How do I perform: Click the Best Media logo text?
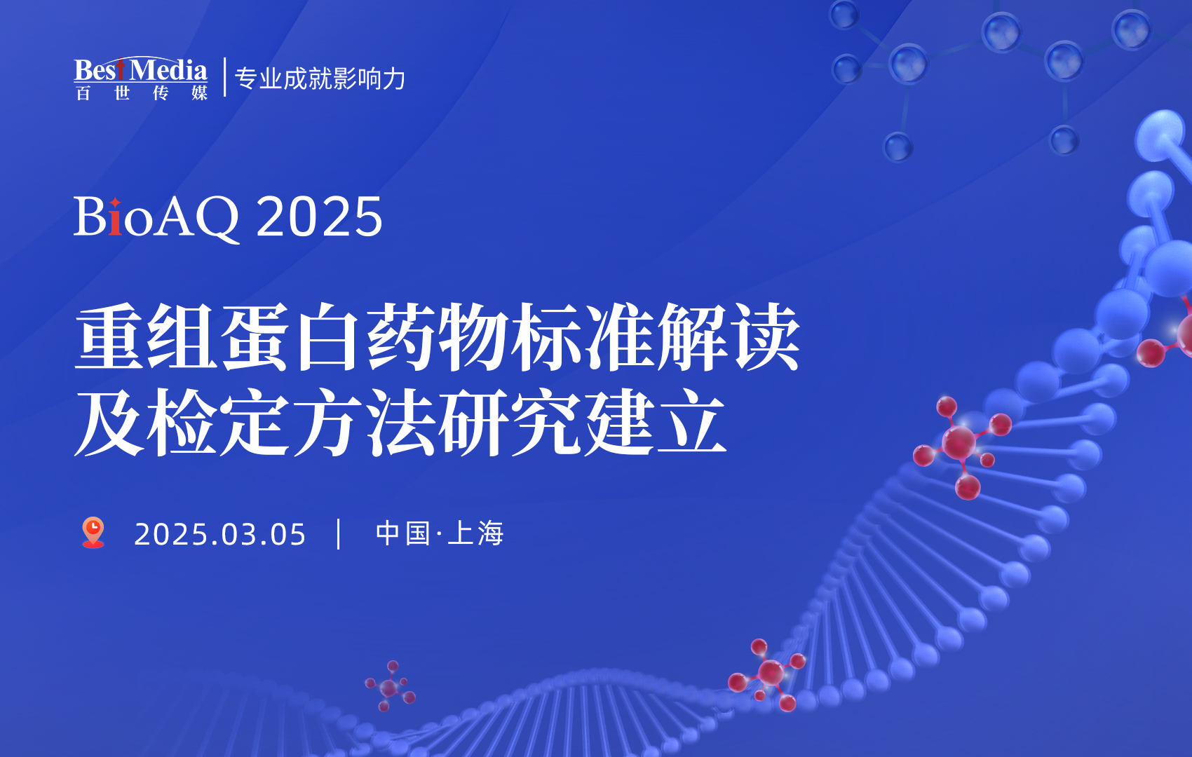tap(140, 70)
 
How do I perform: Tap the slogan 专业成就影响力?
tap(320, 79)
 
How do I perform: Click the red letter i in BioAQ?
tap(115, 217)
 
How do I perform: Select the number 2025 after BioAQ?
tap(320, 217)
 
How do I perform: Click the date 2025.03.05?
tap(219, 534)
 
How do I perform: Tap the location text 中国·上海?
tap(440, 533)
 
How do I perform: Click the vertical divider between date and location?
tap(339, 534)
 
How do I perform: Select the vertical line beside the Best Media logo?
tap(224, 77)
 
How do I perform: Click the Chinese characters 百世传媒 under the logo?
tap(141, 93)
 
